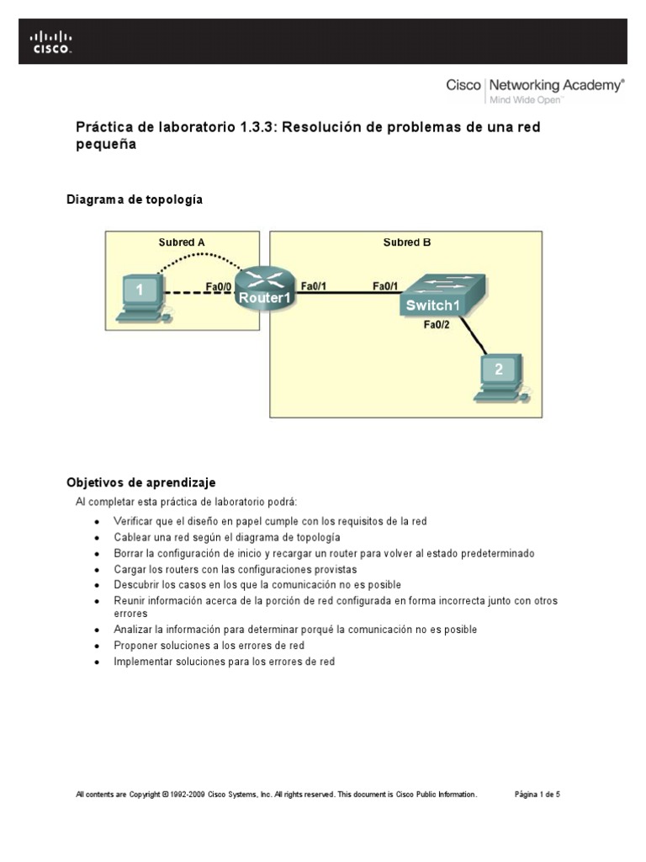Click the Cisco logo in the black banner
(x=51, y=42)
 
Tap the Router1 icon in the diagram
(x=262, y=288)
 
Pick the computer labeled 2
(x=500, y=375)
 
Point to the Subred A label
(x=182, y=242)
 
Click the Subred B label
(x=407, y=242)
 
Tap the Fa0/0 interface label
(x=218, y=285)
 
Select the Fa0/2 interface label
(x=436, y=325)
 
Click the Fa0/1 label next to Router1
(x=314, y=285)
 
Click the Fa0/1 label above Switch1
(x=386, y=285)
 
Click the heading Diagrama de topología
(x=135, y=200)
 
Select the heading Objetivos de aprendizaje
(x=141, y=482)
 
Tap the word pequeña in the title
(x=106, y=144)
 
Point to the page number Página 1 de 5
(x=537, y=794)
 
